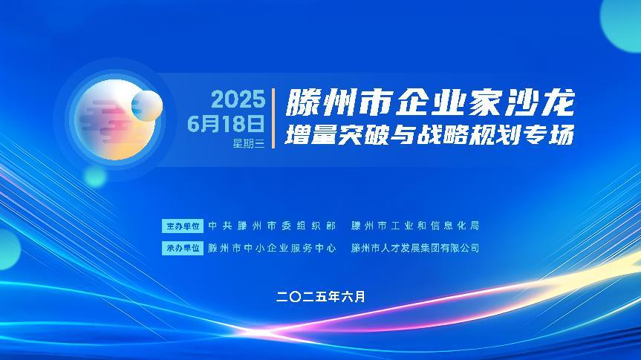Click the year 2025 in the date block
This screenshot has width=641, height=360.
pyautogui.click(x=238, y=99)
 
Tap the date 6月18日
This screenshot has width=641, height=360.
pyautogui.click(x=226, y=123)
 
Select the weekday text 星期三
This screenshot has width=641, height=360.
pyautogui.click(x=249, y=143)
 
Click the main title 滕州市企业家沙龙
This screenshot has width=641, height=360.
pyautogui.click(x=430, y=102)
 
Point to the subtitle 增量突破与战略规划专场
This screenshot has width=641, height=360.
pyautogui.click(x=429, y=135)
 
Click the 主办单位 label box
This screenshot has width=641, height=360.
pyautogui.click(x=182, y=226)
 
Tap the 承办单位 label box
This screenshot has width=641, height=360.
pyautogui.click(x=182, y=248)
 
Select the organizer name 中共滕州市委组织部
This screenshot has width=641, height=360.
pyautogui.click(x=272, y=226)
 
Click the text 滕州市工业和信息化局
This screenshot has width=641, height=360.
pyautogui.click(x=415, y=226)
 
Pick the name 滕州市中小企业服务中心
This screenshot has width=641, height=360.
pyautogui.click(x=272, y=248)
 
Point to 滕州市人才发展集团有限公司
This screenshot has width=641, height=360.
pyautogui.click(x=415, y=248)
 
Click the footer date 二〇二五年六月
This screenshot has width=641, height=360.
pyautogui.click(x=321, y=297)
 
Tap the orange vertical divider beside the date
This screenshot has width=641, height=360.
pyautogui.click(x=273, y=119)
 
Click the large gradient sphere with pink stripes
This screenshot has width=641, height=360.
pyautogui.click(x=114, y=120)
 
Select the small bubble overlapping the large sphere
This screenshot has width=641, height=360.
pyautogui.click(x=147, y=106)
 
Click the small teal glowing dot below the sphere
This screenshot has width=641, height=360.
pyautogui.click(x=95, y=177)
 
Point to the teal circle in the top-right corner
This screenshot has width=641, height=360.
pyautogui.click(x=621, y=24)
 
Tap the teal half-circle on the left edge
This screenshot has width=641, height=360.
pyautogui.click(x=9, y=249)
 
